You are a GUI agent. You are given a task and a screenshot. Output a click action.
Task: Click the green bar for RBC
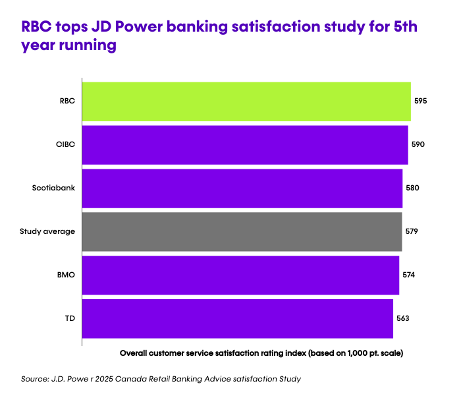click(x=246, y=101)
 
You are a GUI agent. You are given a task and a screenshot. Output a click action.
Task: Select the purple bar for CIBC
click(x=245, y=144)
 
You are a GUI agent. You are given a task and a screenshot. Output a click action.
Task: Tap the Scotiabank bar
click(x=242, y=188)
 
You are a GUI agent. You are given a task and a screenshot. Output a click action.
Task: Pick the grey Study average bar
click(x=242, y=231)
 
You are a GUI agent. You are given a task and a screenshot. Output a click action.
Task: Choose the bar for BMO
click(x=240, y=275)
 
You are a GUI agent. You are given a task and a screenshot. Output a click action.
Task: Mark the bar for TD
click(x=238, y=318)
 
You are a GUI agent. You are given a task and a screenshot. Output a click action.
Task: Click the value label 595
click(x=421, y=101)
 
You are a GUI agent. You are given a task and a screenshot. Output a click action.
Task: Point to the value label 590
click(x=418, y=144)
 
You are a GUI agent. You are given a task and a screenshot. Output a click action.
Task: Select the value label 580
click(x=412, y=188)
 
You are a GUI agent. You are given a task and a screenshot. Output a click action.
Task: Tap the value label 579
click(x=412, y=231)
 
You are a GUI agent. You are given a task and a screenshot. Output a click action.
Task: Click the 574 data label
click(x=409, y=275)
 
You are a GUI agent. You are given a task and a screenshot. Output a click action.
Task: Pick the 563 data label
click(x=403, y=318)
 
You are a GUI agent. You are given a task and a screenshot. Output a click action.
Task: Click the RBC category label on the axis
click(x=67, y=101)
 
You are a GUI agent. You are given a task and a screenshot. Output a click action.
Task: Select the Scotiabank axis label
click(x=53, y=188)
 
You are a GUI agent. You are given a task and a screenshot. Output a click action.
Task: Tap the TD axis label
click(x=70, y=318)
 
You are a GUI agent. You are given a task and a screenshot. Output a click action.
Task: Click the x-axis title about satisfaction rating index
click(x=261, y=353)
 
